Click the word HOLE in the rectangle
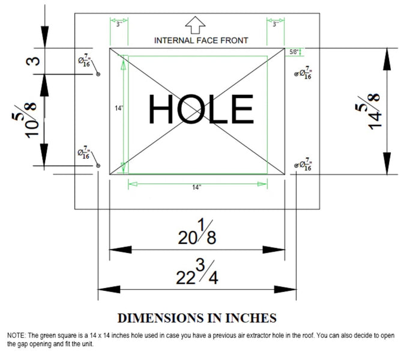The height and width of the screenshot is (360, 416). tap(201, 109)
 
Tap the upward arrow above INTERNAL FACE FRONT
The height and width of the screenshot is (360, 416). tap(195, 25)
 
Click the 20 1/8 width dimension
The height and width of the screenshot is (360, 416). tap(197, 232)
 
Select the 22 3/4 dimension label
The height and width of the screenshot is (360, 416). tap(197, 272)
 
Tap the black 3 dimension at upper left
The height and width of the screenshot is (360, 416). tap(33, 61)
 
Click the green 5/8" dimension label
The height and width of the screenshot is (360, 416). tap(294, 52)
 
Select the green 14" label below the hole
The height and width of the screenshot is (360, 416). tap(197, 188)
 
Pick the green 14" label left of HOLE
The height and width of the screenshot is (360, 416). tap(119, 108)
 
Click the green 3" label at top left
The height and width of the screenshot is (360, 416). tap(119, 25)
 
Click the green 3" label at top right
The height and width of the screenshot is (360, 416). tap(276, 25)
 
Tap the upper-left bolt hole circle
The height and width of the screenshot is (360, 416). tap(98, 74)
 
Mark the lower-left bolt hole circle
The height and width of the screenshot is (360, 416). tap(98, 165)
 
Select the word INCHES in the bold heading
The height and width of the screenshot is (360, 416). tap(251, 318)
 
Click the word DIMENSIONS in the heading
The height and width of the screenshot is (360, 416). tap(161, 318)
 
